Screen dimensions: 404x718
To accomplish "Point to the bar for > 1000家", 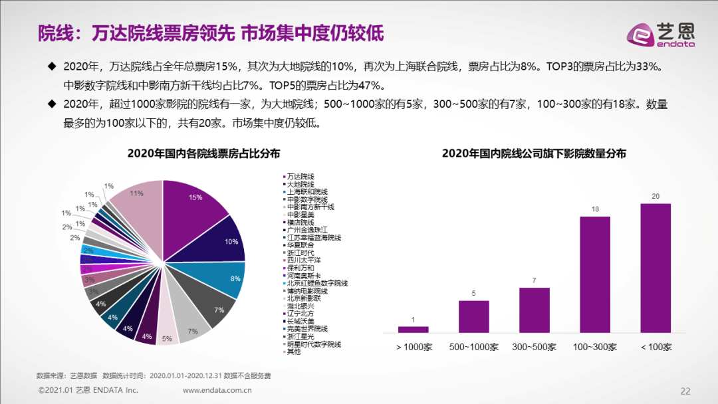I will tap(413, 329).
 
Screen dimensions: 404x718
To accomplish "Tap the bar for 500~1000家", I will tap(473, 316).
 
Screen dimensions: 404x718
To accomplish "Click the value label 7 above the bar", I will tap(534, 280).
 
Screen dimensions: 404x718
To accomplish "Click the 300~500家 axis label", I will tap(534, 347).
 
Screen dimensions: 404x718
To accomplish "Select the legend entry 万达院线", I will tap(300, 177).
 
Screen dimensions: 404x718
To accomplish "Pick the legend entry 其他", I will tap(294, 352).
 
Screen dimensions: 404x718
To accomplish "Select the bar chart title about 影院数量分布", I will tap(534, 153).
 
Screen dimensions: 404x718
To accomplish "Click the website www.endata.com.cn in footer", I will tap(217, 390).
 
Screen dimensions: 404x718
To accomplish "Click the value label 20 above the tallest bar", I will tap(655, 196).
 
